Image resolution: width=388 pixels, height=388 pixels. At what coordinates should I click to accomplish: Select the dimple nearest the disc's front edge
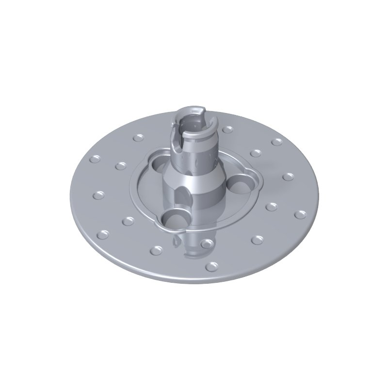point(212,266)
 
